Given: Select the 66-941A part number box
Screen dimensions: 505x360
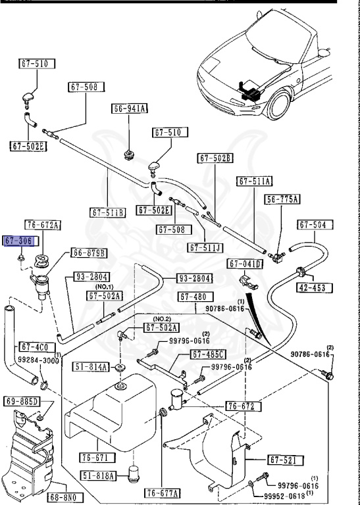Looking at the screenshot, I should pos(130,108).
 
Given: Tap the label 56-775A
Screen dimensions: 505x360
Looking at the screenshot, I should pos(282,199).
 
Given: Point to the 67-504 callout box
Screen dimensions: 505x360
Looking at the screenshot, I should pos(313,225).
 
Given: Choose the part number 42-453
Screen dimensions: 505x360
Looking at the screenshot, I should pos(315,287).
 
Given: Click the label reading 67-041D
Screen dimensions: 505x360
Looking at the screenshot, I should pos(245,264).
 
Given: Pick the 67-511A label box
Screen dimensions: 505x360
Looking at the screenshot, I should pos(255,181).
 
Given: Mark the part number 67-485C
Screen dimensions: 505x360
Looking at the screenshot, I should pos(209,354).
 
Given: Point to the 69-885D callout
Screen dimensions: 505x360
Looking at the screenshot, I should pos(22,401).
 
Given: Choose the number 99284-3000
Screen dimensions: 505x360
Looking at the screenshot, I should pos(37,360).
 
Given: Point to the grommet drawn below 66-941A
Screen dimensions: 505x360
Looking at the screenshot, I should pos(129,155).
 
